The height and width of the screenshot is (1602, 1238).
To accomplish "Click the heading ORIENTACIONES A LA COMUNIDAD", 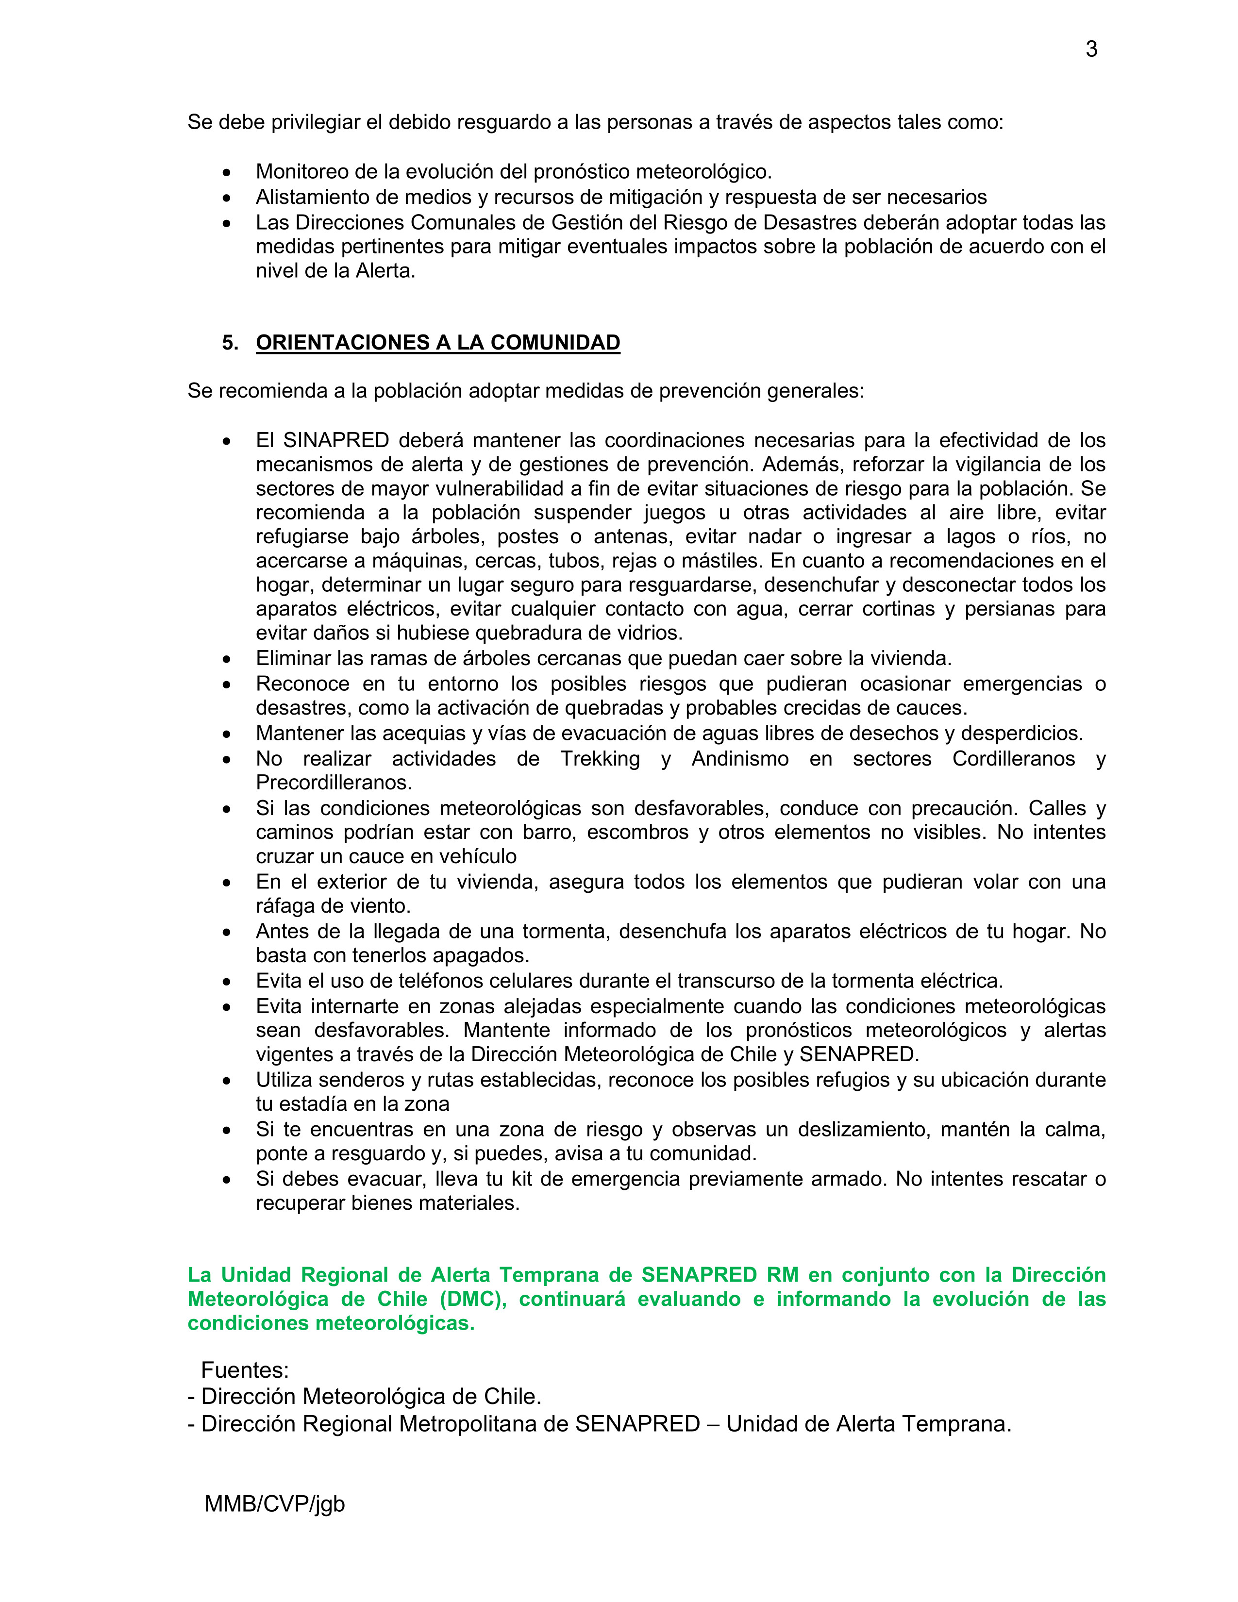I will [438, 343].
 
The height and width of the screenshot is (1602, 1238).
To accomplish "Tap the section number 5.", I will [230, 343].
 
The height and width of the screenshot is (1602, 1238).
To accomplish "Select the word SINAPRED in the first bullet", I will [336, 440].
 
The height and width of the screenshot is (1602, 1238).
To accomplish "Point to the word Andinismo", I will [739, 758].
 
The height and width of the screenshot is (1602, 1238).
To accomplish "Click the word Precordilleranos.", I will [334, 782].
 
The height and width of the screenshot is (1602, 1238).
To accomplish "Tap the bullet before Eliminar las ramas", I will [227, 659].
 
